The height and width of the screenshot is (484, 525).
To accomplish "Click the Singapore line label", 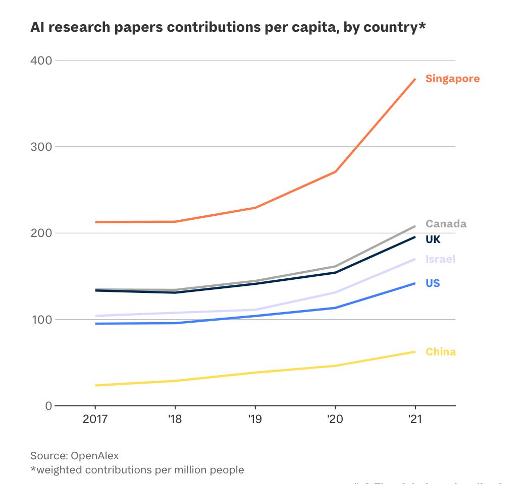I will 452,79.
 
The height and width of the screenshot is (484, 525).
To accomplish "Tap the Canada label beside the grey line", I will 446,224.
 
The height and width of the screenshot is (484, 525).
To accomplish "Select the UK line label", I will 433,239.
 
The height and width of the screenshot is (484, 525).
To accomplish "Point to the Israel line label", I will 440,259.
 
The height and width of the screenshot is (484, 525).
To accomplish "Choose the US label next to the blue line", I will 433,283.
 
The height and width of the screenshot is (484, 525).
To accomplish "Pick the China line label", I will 441,352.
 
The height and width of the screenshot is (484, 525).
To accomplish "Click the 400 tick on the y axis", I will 41,60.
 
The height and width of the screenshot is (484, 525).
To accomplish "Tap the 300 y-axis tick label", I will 41,147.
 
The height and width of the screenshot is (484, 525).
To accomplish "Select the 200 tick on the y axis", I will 41,233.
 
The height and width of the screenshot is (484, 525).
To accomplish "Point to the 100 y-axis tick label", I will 41,320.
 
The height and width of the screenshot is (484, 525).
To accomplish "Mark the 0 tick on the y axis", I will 48,406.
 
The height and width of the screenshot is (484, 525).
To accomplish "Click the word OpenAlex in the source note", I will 94,456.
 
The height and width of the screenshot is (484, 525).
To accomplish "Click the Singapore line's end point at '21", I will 415,79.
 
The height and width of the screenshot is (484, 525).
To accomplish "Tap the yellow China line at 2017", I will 95,385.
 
